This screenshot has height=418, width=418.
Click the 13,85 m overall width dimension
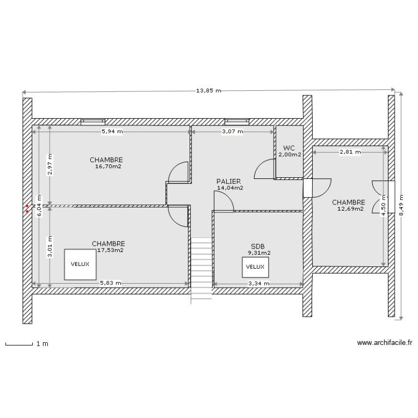[x=208, y=91]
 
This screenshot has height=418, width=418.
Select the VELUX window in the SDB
[x=255, y=267]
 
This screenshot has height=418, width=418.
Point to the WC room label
[x=289, y=148]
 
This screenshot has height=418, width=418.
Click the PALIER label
[x=229, y=182]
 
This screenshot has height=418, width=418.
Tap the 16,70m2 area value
[x=108, y=166]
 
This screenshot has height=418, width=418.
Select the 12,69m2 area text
[x=350, y=209]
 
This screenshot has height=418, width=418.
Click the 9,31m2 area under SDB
[x=259, y=252]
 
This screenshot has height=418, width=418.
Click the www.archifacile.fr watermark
[x=385, y=344]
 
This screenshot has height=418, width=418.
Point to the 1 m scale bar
[x=19, y=344]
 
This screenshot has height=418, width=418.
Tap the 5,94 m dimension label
[x=111, y=132]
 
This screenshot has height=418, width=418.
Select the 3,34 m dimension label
[x=259, y=284]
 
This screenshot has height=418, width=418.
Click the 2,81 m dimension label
[x=349, y=152]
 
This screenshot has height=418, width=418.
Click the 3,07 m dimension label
[x=234, y=132]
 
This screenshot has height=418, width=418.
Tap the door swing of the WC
[x=264, y=169]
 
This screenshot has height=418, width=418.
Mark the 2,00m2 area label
[x=290, y=154]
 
